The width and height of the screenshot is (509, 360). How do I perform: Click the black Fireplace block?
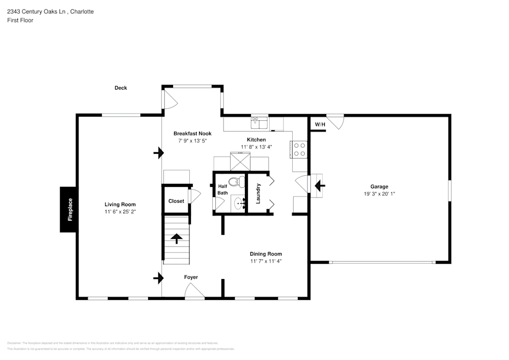pyautogui.click(x=69, y=209)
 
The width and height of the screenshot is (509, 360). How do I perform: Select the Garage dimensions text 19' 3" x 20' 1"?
pyautogui.click(x=379, y=194)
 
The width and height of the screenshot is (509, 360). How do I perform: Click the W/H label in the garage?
pyautogui.click(x=319, y=124)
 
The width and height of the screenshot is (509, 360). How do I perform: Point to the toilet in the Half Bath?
pyautogui.click(x=235, y=181)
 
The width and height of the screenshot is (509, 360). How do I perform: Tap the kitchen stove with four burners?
pyautogui.click(x=300, y=149)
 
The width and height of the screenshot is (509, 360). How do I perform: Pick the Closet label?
pyautogui.click(x=176, y=201)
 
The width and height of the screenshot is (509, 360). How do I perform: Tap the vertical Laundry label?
pyautogui.click(x=258, y=193)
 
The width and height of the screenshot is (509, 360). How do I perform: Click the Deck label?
pyautogui.click(x=121, y=88)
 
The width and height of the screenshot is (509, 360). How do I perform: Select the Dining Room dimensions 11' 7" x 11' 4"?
pyautogui.click(x=266, y=261)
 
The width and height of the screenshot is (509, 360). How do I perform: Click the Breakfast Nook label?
pyautogui.click(x=192, y=133)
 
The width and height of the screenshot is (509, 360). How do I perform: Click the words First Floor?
pyautogui.click(x=20, y=20)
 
